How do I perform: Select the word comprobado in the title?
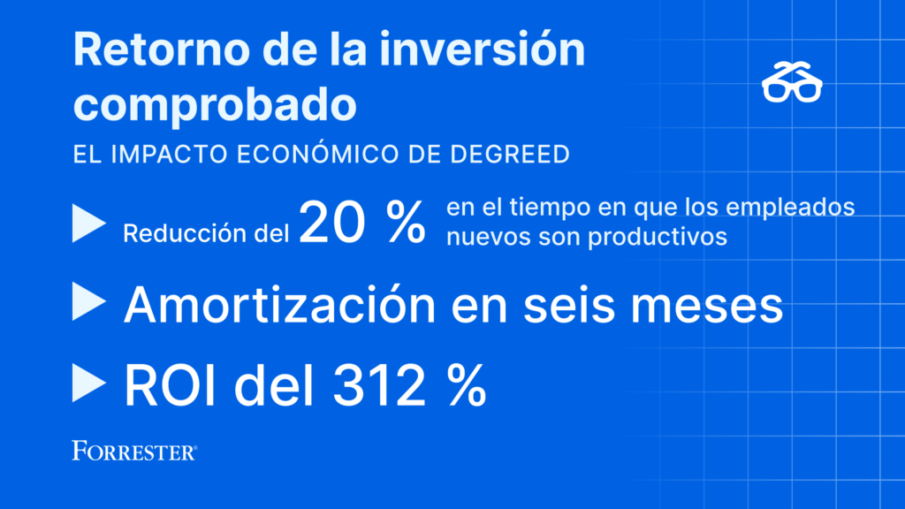click(215, 105)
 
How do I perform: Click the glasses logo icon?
click(792, 82)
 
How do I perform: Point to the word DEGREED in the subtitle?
click(510, 154)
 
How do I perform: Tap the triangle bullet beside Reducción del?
click(89, 224)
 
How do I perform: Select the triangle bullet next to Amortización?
click(89, 301)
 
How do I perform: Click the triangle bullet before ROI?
click(89, 383)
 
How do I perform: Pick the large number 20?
click(332, 223)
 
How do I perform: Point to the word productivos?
click(658, 237)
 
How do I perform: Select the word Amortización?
click(280, 305)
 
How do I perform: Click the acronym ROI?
click(171, 386)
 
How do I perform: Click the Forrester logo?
click(134, 451)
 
